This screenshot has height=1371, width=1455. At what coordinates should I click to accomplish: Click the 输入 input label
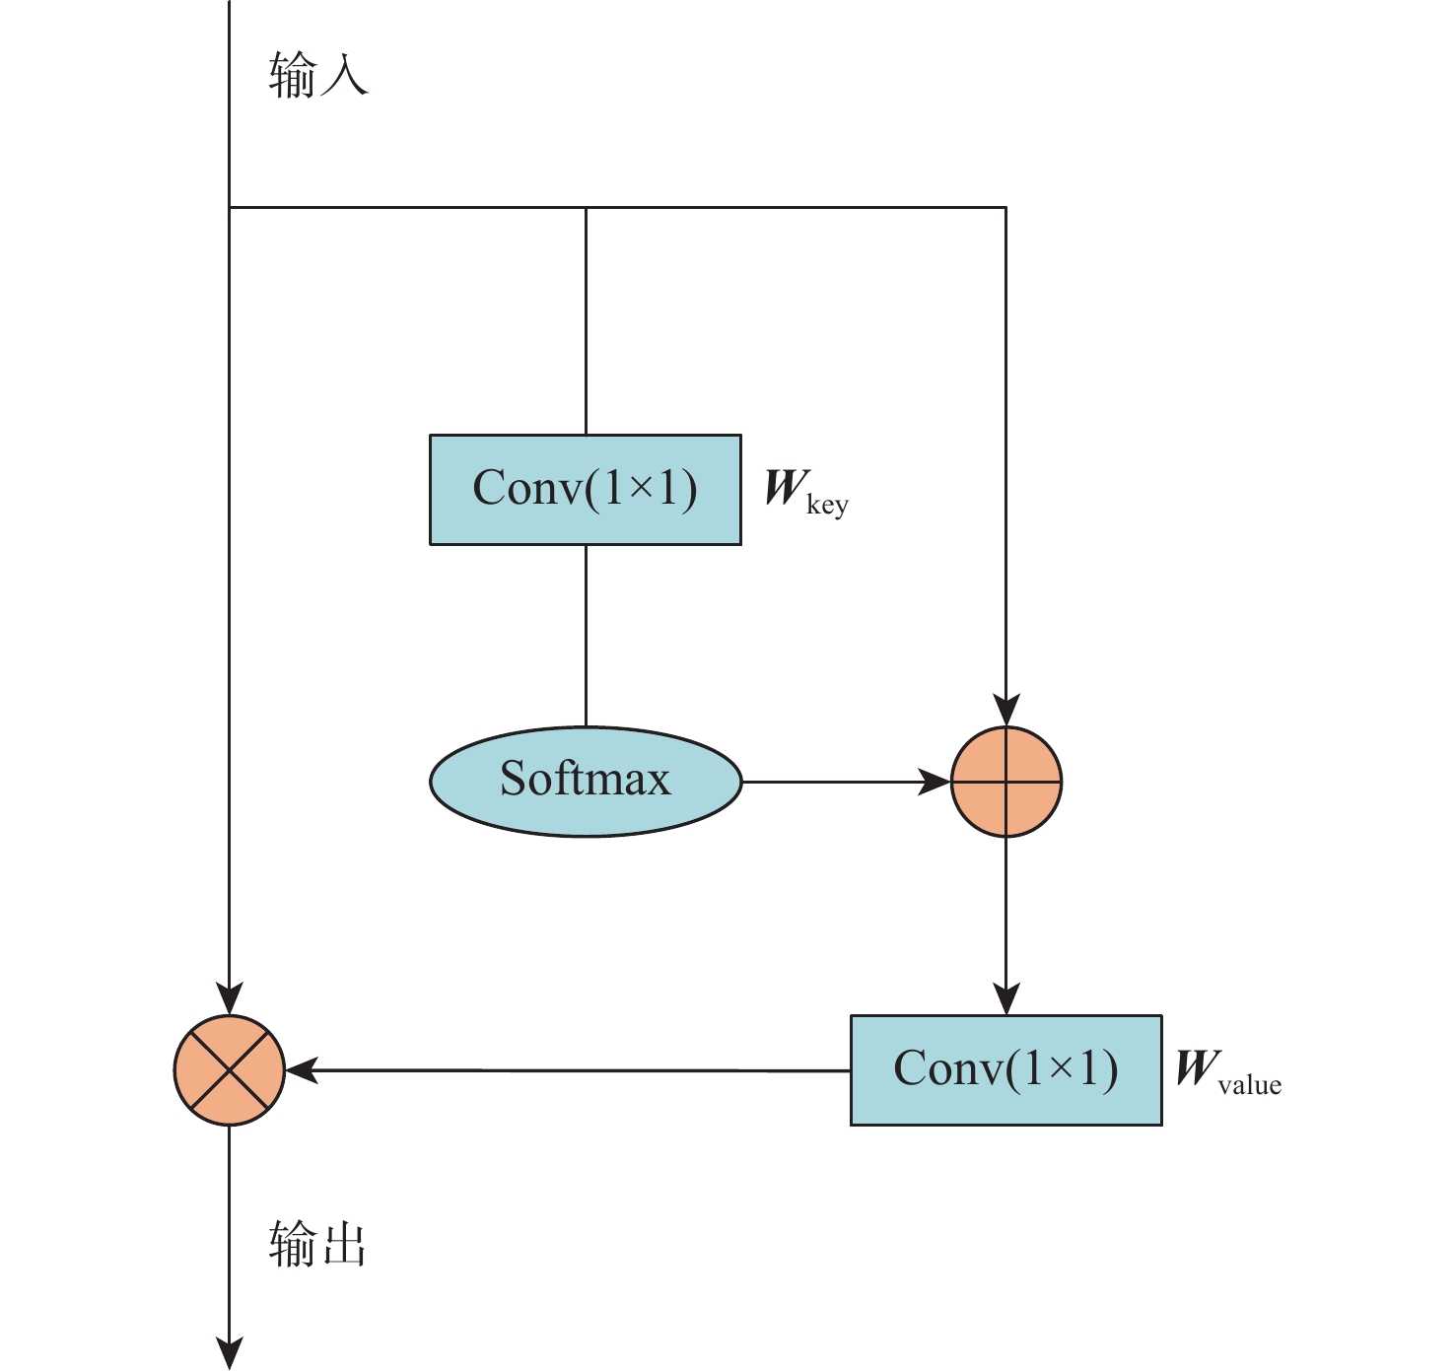point(317,75)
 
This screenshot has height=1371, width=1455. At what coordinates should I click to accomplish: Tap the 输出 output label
point(317,1244)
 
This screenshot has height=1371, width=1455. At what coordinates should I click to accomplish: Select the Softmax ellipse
point(586,782)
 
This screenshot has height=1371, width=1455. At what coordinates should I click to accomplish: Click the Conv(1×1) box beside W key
point(586,489)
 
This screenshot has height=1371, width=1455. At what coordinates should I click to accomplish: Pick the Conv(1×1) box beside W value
point(1005,1069)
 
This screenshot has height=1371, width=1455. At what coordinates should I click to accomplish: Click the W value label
point(1228,1070)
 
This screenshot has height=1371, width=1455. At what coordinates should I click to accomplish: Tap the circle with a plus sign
point(1005,782)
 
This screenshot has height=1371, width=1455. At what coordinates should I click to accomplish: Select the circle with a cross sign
point(229,1069)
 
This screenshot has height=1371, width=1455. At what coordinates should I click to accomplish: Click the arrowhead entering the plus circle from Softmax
point(935,782)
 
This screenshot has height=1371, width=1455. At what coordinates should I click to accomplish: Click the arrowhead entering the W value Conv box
point(1005,999)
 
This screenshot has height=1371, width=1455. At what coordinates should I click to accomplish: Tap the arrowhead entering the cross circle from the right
point(300,1069)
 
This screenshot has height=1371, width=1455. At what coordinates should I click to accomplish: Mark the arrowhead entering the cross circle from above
point(229,999)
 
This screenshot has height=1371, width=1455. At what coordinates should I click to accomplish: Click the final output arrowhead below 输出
point(229,1354)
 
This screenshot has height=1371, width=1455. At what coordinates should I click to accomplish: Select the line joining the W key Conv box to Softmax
point(586,636)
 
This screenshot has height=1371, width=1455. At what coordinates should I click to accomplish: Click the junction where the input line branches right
point(229,207)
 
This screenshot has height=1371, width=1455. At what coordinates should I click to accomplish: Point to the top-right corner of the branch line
point(1005,207)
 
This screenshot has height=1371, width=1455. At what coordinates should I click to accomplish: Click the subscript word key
point(827,507)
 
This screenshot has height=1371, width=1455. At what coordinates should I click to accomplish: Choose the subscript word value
point(1250,1085)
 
